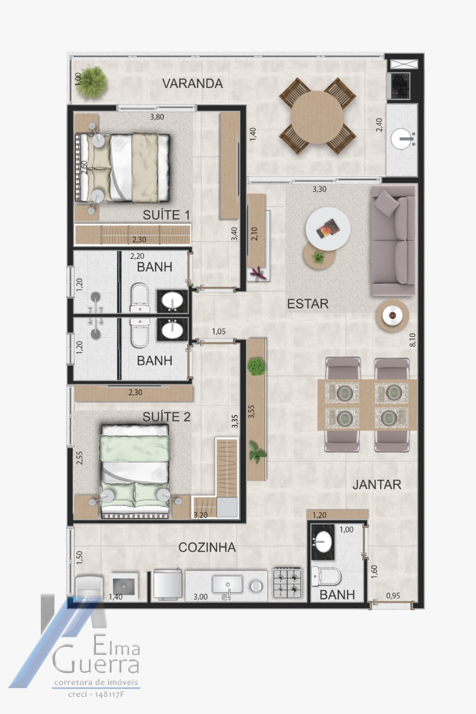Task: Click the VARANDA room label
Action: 192,84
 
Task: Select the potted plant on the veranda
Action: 92,82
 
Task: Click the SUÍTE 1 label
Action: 166,215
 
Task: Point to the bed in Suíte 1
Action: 123,167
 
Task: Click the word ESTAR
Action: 308,304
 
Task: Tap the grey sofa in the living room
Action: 393,241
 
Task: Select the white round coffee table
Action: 328,229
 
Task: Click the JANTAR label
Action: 377,484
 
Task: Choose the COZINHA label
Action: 207,547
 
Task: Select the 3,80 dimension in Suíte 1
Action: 157,117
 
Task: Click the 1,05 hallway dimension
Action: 219,331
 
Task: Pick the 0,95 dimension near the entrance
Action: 393,595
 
